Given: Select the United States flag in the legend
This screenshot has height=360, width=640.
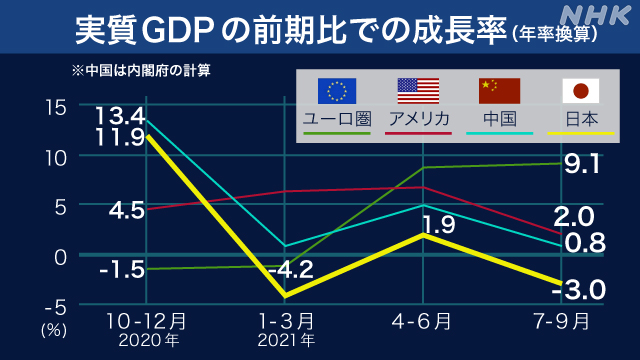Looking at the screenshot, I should pyautogui.click(x=417, y=91).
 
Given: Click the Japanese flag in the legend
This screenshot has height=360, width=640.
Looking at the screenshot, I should pyautogui.click(x=577, y=91).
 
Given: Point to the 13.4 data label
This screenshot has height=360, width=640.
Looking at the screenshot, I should pyautogui.click(x=120, y=117).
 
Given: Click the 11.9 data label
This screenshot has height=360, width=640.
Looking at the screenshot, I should pyautogui.click(x=120, y=138).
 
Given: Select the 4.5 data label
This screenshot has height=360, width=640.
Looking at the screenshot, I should pyautogui.click(x=126, y=210).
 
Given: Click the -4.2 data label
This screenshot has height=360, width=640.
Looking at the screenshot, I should pyautogui.click(x=291, y=269).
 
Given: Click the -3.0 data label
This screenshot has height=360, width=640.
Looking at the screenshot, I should pyautogui.click(x=578, y=290).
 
